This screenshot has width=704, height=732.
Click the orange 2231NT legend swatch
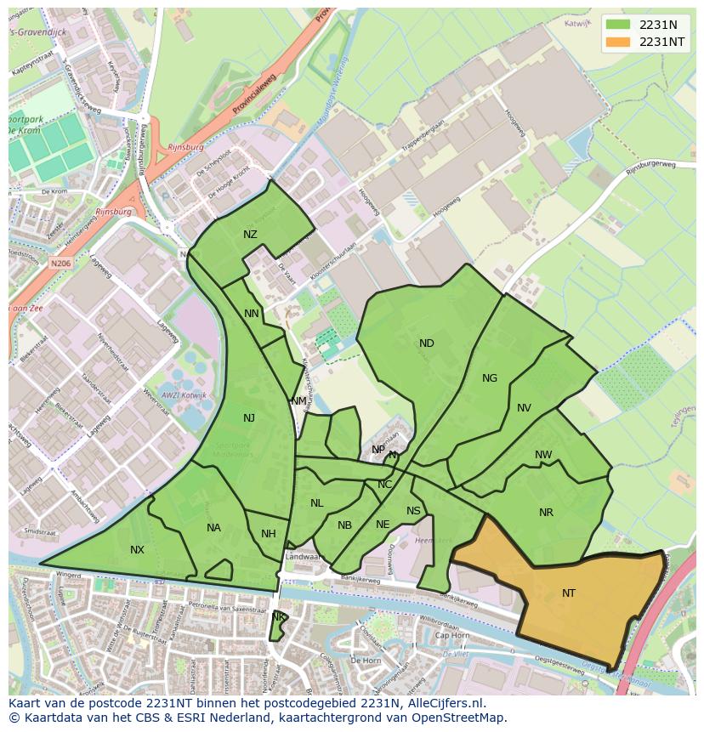620,43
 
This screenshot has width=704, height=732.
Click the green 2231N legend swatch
620,25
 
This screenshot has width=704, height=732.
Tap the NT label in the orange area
569,593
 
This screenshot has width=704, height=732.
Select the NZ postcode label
250,235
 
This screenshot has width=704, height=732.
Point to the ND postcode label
427,343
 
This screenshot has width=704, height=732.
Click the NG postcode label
490,378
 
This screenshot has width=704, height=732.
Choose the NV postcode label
524,408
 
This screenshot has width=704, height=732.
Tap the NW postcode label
543,455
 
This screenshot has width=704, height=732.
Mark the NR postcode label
546,513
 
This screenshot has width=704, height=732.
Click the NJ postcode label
249,417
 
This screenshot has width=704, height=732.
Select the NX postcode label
137,550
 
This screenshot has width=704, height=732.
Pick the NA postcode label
213,528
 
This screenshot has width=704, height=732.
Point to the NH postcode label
269,534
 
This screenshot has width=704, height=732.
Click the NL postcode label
316,503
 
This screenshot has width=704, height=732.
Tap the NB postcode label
344,525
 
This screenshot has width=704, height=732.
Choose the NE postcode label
383,525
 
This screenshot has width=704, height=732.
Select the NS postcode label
413,511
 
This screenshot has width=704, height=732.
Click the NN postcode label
252,314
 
